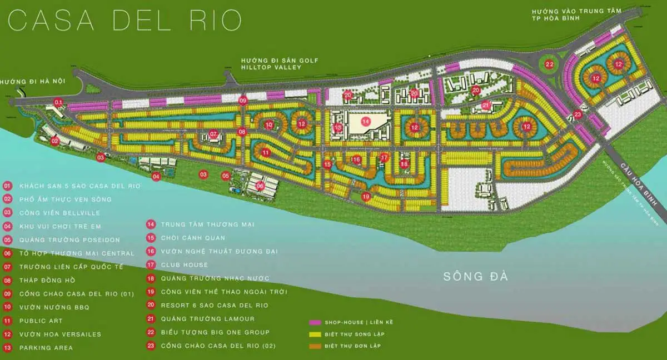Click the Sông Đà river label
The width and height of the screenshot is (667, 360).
coord(476,276)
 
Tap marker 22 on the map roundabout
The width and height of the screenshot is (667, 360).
coord(550,64)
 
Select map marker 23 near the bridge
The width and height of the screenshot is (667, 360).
coord(578,115)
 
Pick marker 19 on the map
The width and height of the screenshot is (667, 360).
coord(366,196)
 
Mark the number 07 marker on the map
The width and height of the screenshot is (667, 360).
coord(213,134)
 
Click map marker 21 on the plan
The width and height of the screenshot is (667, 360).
coord(485,105)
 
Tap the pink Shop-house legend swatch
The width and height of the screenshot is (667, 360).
coord(315,322)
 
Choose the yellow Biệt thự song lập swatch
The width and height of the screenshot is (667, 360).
coord(315,334)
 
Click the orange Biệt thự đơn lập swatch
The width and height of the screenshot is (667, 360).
coord(315,346)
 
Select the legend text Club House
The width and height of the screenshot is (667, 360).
coord(185,265)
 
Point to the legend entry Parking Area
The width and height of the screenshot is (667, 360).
coord(46,348)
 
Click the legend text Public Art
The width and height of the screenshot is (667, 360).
coord(41,321)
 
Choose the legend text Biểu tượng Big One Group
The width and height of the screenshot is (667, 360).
coord(215,332)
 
